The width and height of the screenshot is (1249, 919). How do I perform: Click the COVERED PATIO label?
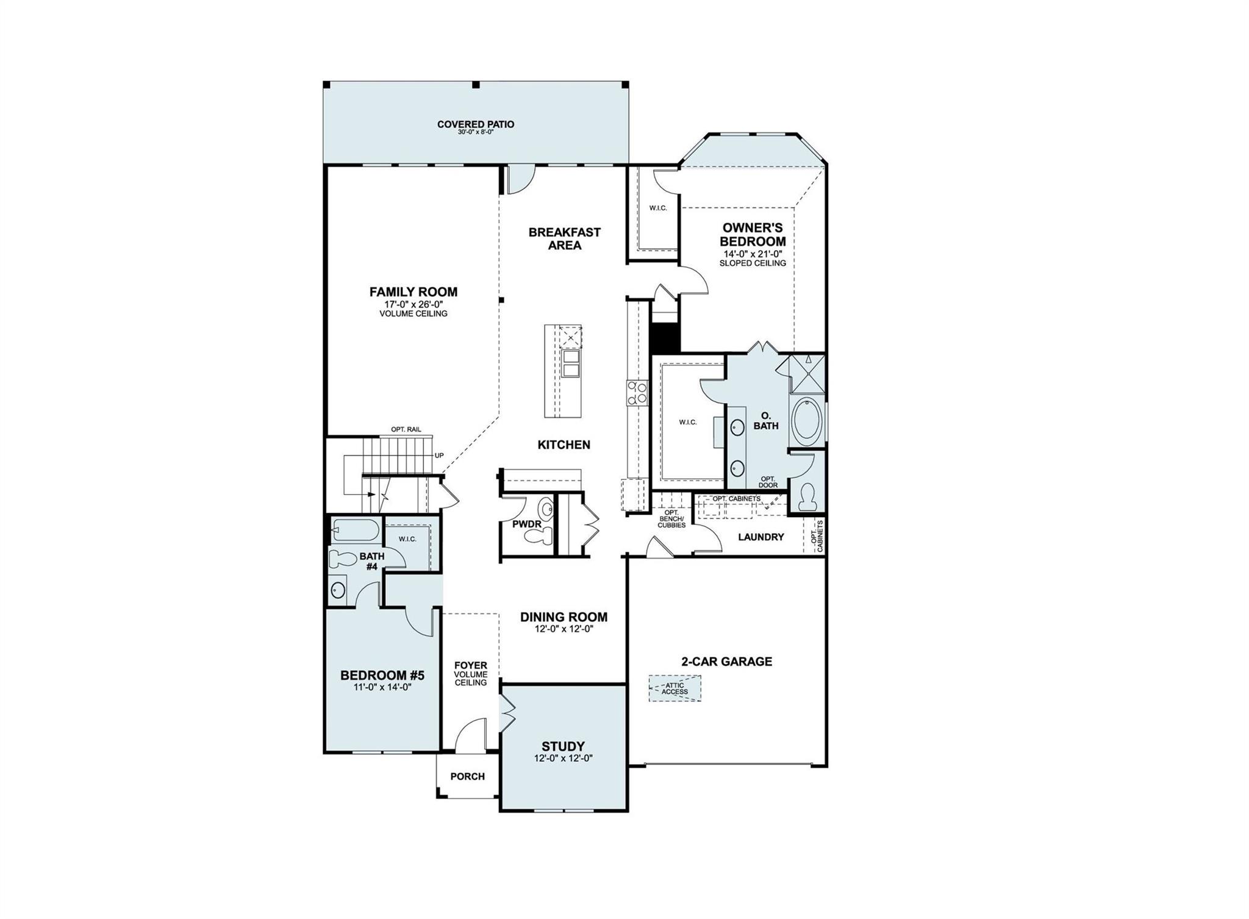point(475,124)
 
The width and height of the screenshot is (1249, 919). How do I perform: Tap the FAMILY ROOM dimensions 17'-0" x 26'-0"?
point(413,304)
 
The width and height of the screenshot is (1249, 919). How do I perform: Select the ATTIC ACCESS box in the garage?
point(675,688)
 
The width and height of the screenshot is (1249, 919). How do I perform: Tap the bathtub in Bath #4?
point(356,531)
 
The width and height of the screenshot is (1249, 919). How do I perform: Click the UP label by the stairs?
point(439,456)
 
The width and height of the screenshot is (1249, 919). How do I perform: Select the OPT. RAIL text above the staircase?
point(406,429)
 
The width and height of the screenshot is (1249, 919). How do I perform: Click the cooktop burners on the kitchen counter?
point(637,392)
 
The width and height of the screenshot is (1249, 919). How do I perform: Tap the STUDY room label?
point(563,746)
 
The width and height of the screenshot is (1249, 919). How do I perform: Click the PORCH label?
point(467,776)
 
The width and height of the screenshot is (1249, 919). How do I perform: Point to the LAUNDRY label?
point(760,537)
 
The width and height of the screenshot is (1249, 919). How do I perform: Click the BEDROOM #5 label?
point(382,676)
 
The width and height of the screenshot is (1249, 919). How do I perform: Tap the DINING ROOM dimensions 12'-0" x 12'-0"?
point(563,629)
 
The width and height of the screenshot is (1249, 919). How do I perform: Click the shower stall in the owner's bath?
point(806,373)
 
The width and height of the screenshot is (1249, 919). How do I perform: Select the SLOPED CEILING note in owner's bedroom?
point(752,263)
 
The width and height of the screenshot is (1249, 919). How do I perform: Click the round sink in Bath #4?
point(337,590)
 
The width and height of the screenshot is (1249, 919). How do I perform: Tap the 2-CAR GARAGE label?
point(726,662)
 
